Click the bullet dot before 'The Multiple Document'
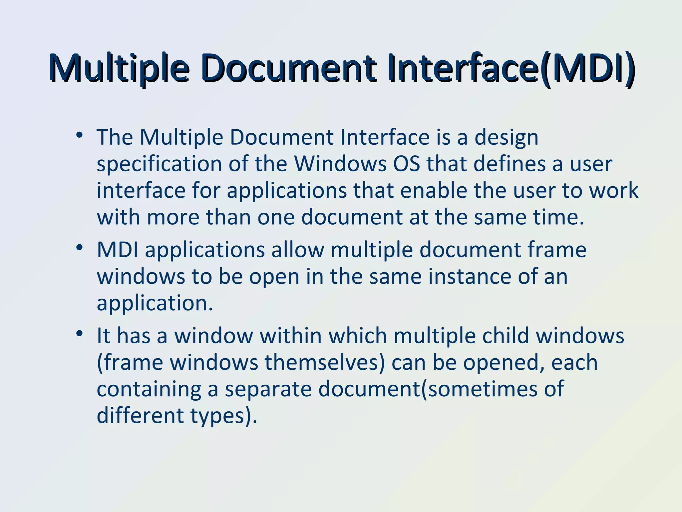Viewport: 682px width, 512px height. (x=79, y=135)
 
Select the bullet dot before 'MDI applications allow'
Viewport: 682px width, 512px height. (x=79, y=248)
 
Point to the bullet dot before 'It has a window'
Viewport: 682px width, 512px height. (x=79, y=334)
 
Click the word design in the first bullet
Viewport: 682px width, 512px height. (x=506, y=137)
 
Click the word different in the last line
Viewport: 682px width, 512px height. (x=140, y=415)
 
